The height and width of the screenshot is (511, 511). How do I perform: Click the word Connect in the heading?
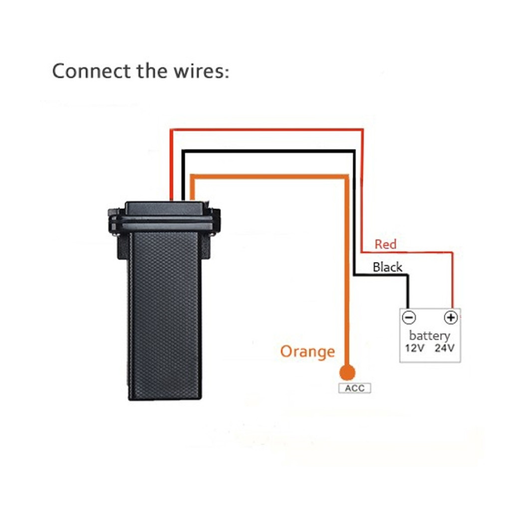[91, 71]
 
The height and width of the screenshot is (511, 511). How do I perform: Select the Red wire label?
[385, 244]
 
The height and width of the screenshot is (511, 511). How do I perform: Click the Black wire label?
[387, 267]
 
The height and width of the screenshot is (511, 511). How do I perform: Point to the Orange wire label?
[307, 352]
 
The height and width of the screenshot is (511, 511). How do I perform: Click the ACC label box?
[355, 388]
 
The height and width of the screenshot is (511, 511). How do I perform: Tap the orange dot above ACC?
[347, 372]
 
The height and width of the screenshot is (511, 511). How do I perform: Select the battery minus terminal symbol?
[409, 317]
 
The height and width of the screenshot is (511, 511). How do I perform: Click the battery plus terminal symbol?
[451, 317]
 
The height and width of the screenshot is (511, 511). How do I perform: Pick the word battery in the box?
[430, 335]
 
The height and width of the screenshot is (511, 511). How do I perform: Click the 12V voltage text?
[415, 348]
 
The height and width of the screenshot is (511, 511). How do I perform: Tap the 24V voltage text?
[445, 348]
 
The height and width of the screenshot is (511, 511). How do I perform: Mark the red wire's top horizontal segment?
[266, 130]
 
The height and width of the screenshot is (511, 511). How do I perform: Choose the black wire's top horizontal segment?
[268, 151]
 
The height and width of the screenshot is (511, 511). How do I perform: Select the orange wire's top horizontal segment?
[269, 177]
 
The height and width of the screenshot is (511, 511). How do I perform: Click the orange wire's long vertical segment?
[347, 270]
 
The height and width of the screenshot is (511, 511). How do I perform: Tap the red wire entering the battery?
[452, 280]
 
